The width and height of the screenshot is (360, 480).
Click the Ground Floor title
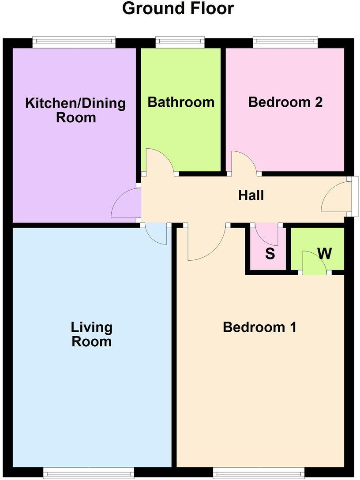pyautogui.click(x=178, y=8)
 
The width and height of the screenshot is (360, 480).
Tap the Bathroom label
pyautogui.click(x=181, y=102)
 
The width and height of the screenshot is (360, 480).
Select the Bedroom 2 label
pyautogui.click(x=285, y=102)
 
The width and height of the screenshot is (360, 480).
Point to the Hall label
pyautogui.click(x=251, y=195)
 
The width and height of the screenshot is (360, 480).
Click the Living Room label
pyautogui.click(x=92, y=334)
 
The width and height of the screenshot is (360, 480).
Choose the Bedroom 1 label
pyautogui.click(x=259, y=327)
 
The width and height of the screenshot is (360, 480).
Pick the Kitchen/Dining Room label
pyautogui.click(x=75, y=110)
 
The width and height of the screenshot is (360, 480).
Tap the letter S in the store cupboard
pyautogui.click(x=270, y=254)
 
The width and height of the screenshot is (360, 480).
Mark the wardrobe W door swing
pyautogui.click(x=315, y=264)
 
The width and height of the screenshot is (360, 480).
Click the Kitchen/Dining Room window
pyautogui.click(x=74, y=42)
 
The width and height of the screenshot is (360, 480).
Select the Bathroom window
pyautogui.click(x=180, y=42)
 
